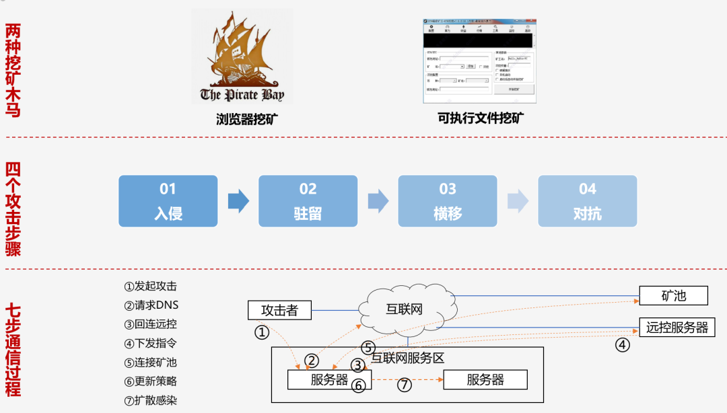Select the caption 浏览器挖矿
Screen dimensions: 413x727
247,119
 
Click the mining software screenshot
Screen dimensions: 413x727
479,61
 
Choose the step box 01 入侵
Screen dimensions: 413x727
168,201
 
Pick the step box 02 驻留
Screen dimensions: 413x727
308,201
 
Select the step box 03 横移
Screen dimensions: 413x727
448,201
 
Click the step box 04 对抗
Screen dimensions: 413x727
587,201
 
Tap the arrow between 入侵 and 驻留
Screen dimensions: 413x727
238,201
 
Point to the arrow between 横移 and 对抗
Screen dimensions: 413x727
518,201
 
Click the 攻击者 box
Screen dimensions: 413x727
279,310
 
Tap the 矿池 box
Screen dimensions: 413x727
673,295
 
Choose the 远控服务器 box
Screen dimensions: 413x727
677,328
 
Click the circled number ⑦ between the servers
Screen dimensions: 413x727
404,385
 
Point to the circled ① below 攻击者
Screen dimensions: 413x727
262,332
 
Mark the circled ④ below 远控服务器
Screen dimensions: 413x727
623,345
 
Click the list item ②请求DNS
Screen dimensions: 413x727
151,305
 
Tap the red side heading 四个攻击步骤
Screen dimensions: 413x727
13,209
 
